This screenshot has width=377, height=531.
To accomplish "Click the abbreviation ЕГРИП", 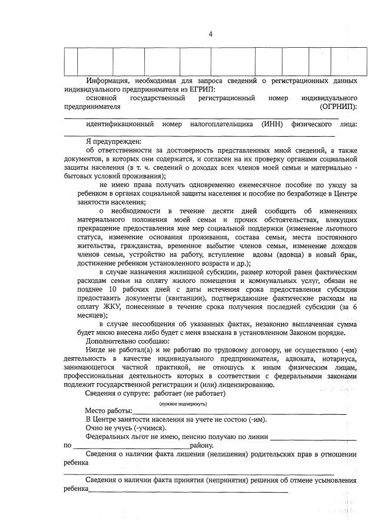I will [x=200, y=89].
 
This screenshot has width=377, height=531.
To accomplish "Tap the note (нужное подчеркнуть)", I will [x=183, y=404].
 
